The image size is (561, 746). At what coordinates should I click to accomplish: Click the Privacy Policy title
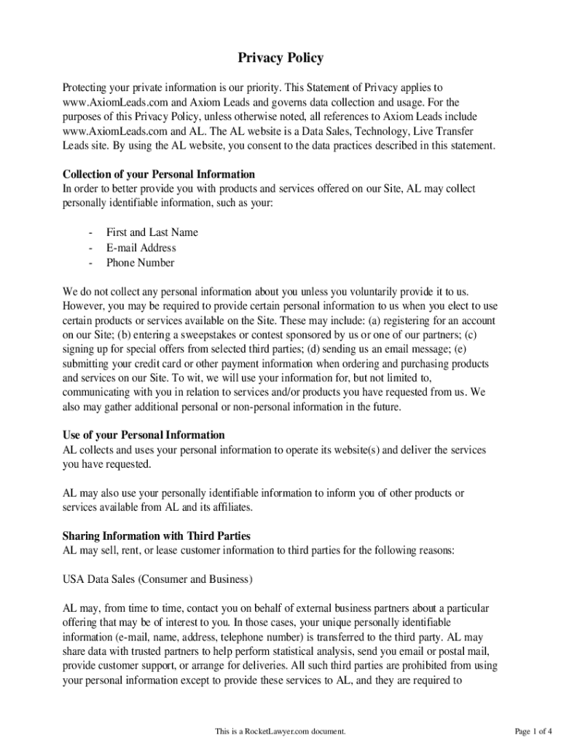[280, 58]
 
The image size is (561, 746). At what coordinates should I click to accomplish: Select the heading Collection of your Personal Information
[159, 174]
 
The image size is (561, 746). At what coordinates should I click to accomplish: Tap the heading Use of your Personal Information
[144, 435]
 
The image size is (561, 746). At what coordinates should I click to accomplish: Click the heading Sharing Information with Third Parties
[157, 536]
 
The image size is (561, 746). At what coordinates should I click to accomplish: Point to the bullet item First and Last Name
[152, 232]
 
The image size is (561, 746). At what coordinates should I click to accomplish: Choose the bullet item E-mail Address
[141, 248]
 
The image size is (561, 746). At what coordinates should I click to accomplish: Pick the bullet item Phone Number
[140, 263]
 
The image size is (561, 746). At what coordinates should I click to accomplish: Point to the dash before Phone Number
[90, 263]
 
